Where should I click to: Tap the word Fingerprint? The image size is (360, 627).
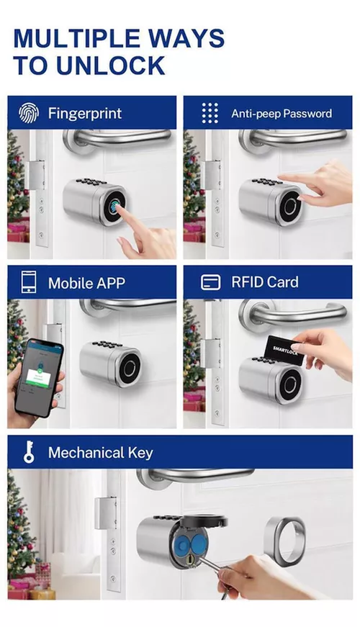pos(85,113)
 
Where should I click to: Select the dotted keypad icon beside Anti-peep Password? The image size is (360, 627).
pos(210,113)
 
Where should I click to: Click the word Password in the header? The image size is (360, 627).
pos(307,114)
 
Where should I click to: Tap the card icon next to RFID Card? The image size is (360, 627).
pos(210,282)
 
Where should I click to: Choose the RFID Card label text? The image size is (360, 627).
pos(264,282)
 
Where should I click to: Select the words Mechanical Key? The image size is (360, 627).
pos(100,453)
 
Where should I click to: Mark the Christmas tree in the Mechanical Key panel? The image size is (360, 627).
pos(20,533)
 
